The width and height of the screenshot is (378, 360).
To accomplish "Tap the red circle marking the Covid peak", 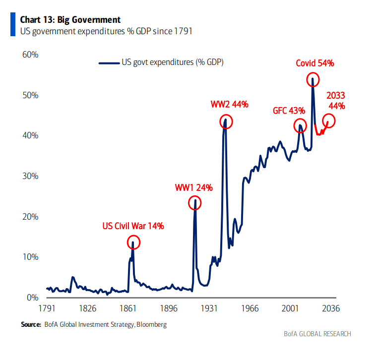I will click(313, 79).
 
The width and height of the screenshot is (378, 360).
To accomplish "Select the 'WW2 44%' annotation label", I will click(229, 104).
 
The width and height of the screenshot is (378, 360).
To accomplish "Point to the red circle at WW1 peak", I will click(195, 203).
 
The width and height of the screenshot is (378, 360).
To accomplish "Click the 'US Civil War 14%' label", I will click(133, 226).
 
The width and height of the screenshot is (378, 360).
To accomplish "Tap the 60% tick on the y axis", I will click(30, 54).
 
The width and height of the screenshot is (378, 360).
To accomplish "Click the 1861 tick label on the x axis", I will click(128, 308).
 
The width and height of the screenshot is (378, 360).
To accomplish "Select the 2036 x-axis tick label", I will click(331, 308).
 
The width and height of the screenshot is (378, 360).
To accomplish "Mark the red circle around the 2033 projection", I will click(328, 120).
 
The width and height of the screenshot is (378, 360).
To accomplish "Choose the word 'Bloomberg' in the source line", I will click(151, 325).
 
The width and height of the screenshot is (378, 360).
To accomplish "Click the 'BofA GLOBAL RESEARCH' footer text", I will click(310, 334).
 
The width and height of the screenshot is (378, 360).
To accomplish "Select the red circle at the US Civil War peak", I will click(133, 242).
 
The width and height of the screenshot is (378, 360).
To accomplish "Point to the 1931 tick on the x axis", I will click(209, 308).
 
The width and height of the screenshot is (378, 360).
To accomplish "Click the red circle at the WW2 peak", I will click(226, 121).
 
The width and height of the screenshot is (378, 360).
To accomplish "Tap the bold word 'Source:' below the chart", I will click(31, 325).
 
